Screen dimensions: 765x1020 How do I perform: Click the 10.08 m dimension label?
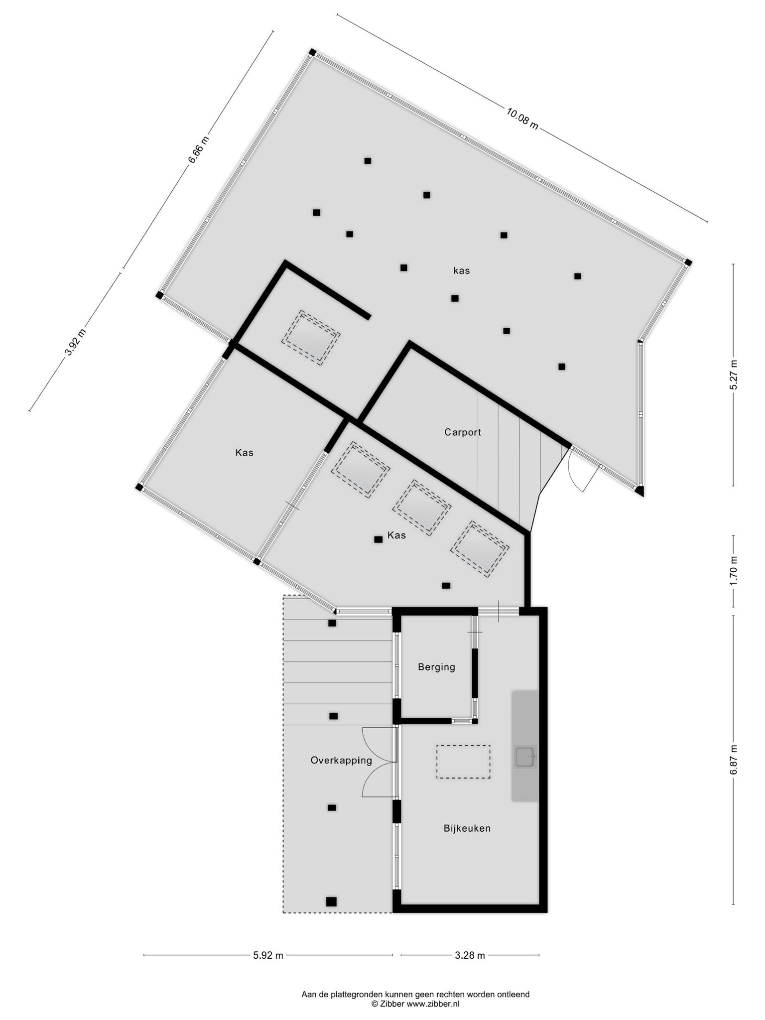(x=522, y=119)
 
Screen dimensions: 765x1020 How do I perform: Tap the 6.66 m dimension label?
(x=198, y=149)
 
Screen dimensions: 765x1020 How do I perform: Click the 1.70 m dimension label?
(x=733, y=571)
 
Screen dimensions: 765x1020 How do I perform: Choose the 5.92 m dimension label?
(x=268, y=955)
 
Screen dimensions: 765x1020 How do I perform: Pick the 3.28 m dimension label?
(x=470, y=955)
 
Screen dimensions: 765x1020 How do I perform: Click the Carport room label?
(x=463, y=432)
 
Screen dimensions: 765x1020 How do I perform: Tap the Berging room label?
(x=436, y=667)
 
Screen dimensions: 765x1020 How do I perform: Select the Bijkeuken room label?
(x=467, y=828)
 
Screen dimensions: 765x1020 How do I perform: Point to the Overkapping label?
(x=341, y=761)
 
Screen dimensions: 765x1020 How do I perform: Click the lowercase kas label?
(x=461, y=271)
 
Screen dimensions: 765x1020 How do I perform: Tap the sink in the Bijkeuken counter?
(x=525, y=757)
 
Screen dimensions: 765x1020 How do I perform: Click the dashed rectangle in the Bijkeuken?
(x=463, y=762)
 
